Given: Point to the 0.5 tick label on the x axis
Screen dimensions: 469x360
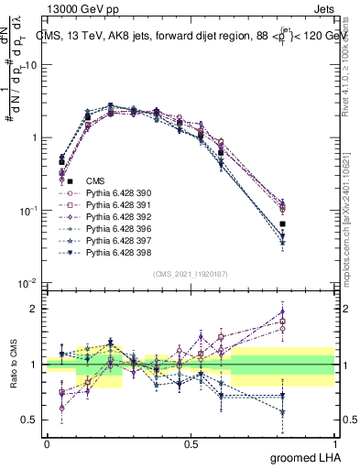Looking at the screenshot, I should point(191,444).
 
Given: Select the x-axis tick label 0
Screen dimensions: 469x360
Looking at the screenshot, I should point(47,444).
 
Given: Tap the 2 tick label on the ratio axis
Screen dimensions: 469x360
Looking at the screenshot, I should point(33,309).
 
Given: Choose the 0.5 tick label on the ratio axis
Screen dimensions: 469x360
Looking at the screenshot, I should point(28,420).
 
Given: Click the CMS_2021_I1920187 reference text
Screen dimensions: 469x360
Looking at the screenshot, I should point(191,274).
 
